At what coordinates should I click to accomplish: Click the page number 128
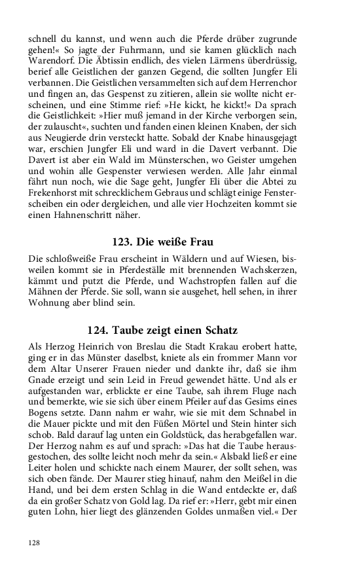click(x=35, y=543)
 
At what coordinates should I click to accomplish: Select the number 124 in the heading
click(x=99, y=330)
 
